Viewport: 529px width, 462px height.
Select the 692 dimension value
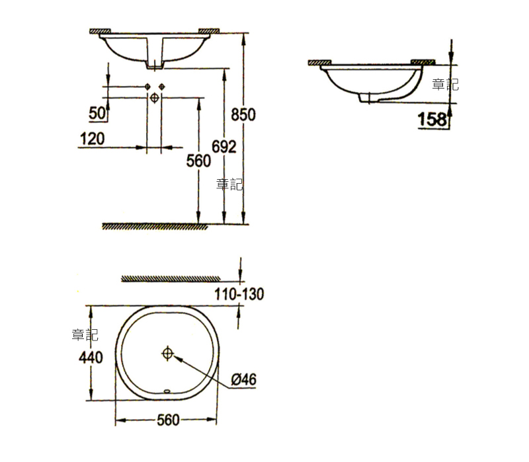(224, 147)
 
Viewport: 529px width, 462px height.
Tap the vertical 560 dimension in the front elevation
(198, 160)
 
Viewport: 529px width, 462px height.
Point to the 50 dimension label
(97, 114)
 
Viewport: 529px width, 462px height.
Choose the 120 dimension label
(92, 139)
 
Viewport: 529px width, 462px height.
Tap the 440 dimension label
(90, 358)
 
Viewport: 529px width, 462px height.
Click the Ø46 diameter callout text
(243, 379)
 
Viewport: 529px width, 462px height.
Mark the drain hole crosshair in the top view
(167, 353)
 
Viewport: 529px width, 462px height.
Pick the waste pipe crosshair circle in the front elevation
(155, 98)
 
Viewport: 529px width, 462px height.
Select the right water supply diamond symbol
(161, 87)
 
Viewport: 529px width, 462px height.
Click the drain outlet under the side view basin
(366, 98)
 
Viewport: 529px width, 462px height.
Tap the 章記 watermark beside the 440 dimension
(85, 335)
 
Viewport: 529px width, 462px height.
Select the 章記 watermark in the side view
(445, 85)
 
